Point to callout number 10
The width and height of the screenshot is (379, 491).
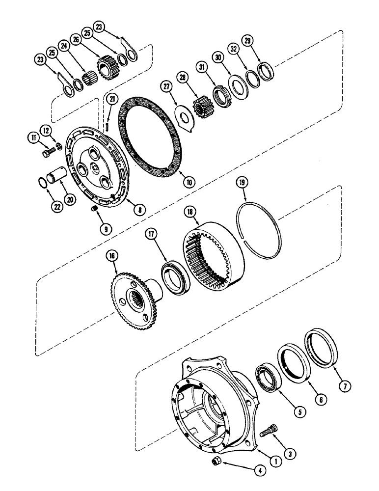pyautogui.click(x=189, y=181)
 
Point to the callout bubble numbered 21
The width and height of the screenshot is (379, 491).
pyautogui.click(x=113, y=101)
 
